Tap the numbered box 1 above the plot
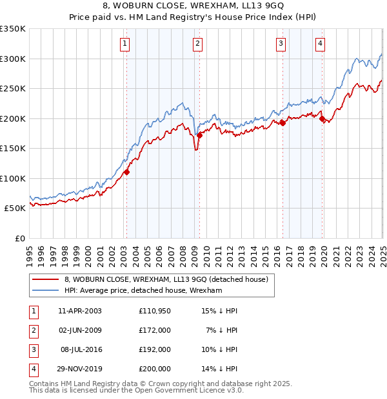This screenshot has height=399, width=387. (124, 44)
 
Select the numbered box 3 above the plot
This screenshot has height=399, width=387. (281, 44)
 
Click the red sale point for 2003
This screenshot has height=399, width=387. (127, 172)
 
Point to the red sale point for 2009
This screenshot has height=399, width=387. (199, 135)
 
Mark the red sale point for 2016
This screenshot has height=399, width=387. (283, 123)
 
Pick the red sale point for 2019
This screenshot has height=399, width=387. (322, 118)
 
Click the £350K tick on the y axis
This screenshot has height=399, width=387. (13, 29)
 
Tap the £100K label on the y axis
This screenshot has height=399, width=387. (13, 178)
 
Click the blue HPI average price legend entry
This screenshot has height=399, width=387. (143, 291)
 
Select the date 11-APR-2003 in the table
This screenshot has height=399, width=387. (80, 310)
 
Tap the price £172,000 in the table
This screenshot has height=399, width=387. (155, 330)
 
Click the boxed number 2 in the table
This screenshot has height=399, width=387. (33, 330)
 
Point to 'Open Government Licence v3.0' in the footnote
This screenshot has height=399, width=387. (187, 391)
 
